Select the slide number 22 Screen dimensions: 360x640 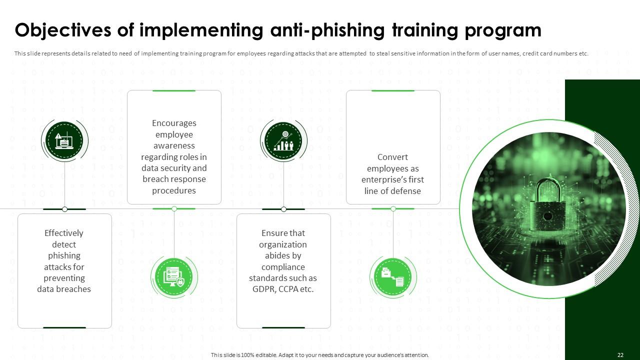coord(620,355)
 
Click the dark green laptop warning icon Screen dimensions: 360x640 coord(64,140)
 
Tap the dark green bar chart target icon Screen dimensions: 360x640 coord(283,140)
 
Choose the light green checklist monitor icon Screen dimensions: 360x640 coord(174,276)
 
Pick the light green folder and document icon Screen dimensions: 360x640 coord(393,276)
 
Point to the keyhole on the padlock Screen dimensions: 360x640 coord(547,216)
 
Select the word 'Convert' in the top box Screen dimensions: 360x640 coord(392,157)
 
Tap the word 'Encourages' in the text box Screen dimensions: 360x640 coord(174,123)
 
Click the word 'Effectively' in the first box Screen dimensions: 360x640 coord(64,233)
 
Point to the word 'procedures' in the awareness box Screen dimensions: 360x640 coord(174,190)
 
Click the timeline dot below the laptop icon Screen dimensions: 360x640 coord(64,209)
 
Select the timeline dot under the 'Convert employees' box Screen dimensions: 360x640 coord(393,209)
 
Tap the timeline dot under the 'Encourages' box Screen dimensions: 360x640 coord(174,209)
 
